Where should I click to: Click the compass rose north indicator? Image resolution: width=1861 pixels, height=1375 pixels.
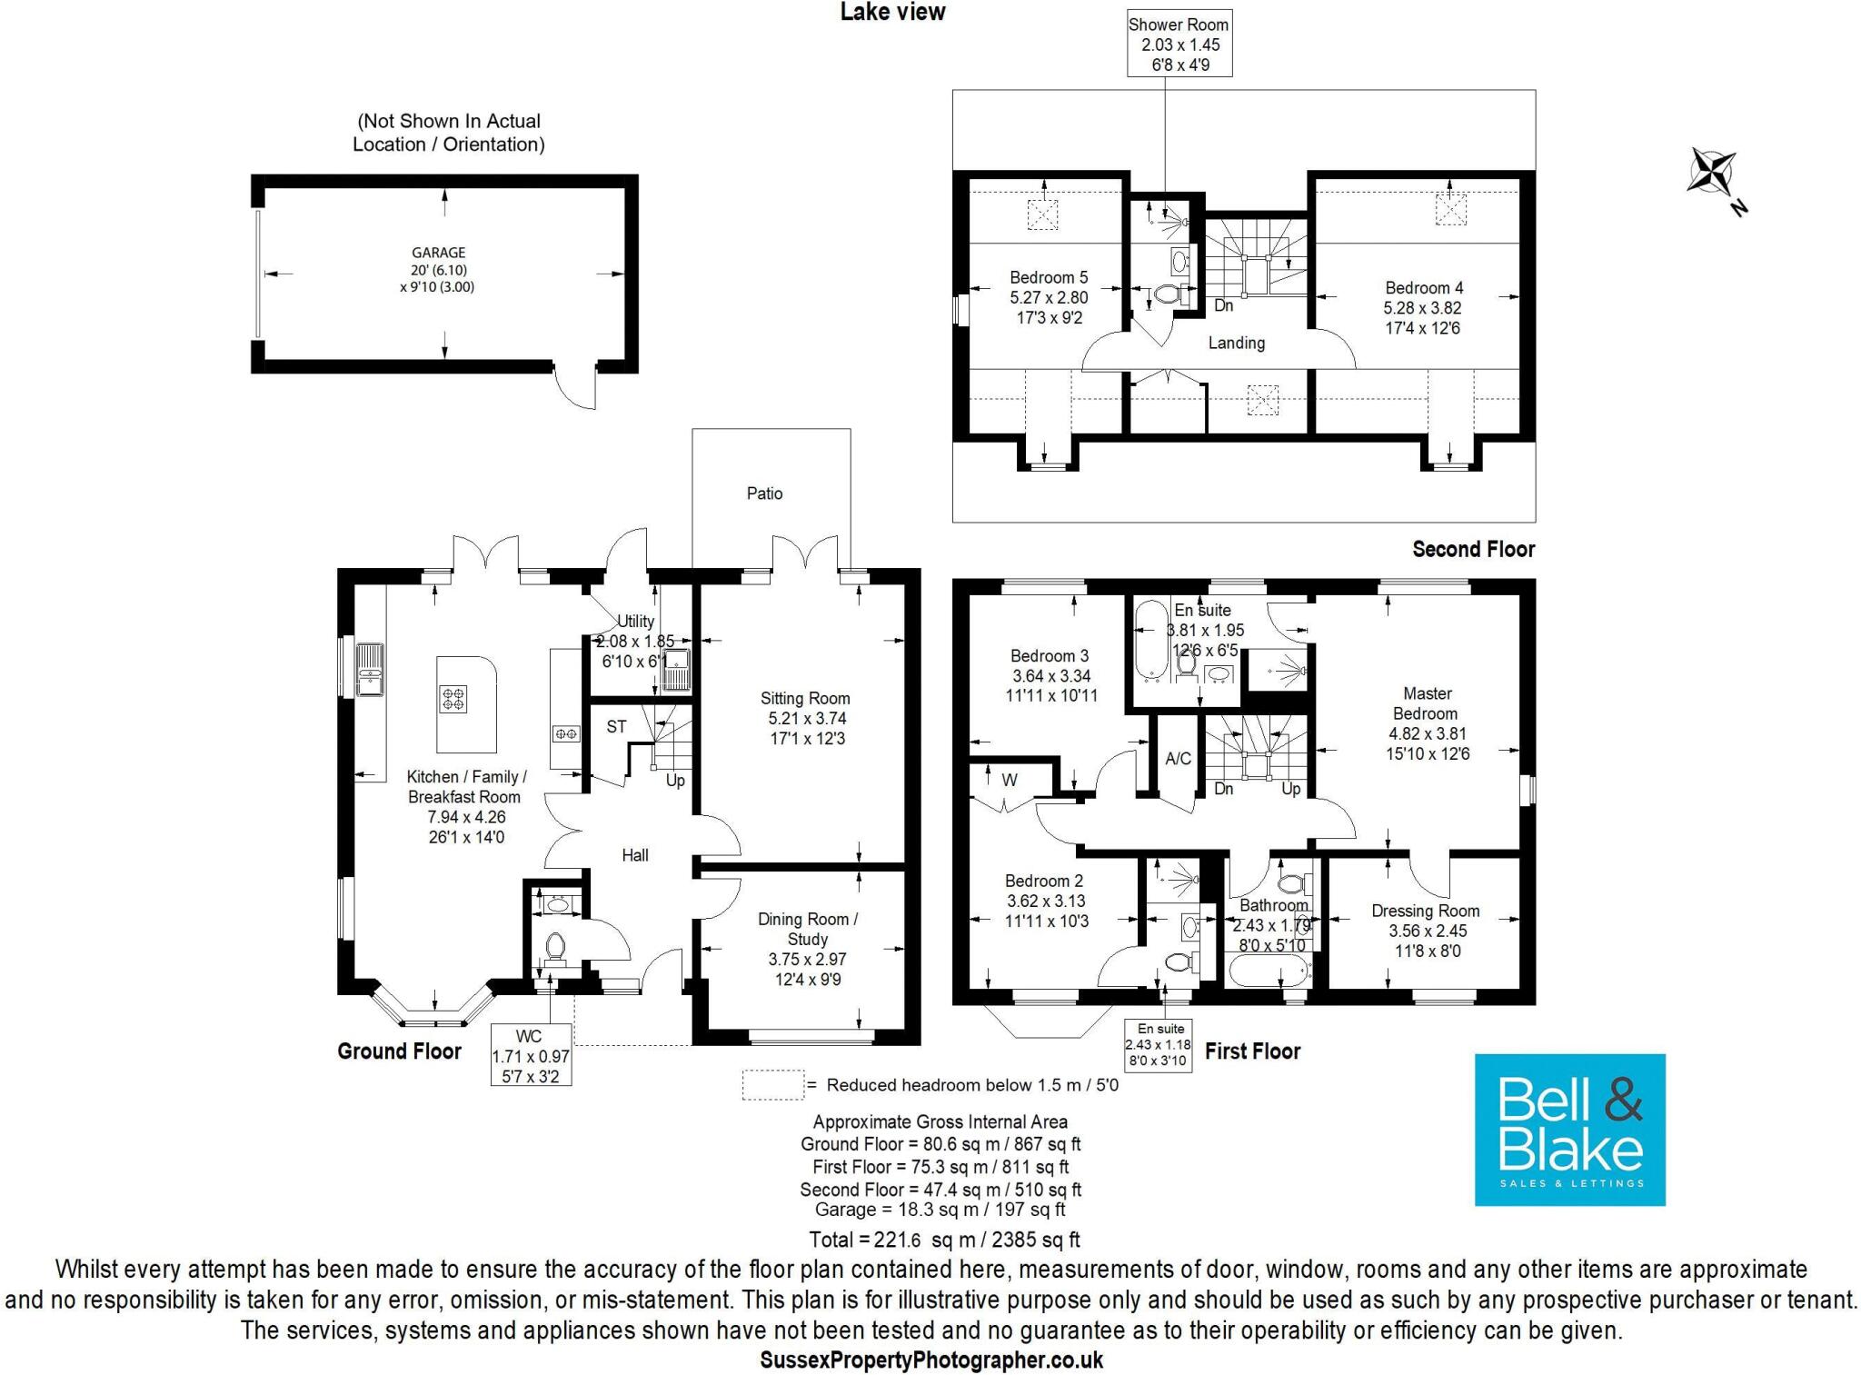[1714, 173]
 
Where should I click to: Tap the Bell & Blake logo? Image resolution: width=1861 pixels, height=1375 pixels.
[1569, 1130]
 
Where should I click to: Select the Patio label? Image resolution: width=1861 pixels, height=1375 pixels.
[764, 493]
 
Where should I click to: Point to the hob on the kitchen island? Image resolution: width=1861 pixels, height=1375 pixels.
[453, 699]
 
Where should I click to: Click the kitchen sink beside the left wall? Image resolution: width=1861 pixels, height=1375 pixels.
[369, 668]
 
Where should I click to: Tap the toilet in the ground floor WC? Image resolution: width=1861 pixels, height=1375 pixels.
[555, 947]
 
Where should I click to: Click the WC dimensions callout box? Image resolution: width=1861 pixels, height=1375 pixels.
[531, 1055]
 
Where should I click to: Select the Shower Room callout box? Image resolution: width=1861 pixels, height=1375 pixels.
[1179, 45]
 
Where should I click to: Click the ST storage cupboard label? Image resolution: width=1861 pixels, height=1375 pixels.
[616, 727]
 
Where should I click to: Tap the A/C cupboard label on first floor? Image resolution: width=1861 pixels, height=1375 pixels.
[1178, 759]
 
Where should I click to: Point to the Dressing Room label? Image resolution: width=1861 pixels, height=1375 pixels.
[1425, 911]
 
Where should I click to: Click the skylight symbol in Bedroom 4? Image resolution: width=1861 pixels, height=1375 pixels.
[1450, 211]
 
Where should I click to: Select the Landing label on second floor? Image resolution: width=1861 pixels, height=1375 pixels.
[1236, 343]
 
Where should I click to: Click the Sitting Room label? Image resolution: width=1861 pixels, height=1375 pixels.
[805, 698]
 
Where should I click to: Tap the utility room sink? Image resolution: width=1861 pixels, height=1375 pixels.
[677, 670]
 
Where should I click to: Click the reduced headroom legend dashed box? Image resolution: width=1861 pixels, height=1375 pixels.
[772, 1085]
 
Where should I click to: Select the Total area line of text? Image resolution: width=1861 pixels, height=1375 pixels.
[944, 1240]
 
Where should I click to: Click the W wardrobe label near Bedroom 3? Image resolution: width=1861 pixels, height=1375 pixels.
[1010, 780]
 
